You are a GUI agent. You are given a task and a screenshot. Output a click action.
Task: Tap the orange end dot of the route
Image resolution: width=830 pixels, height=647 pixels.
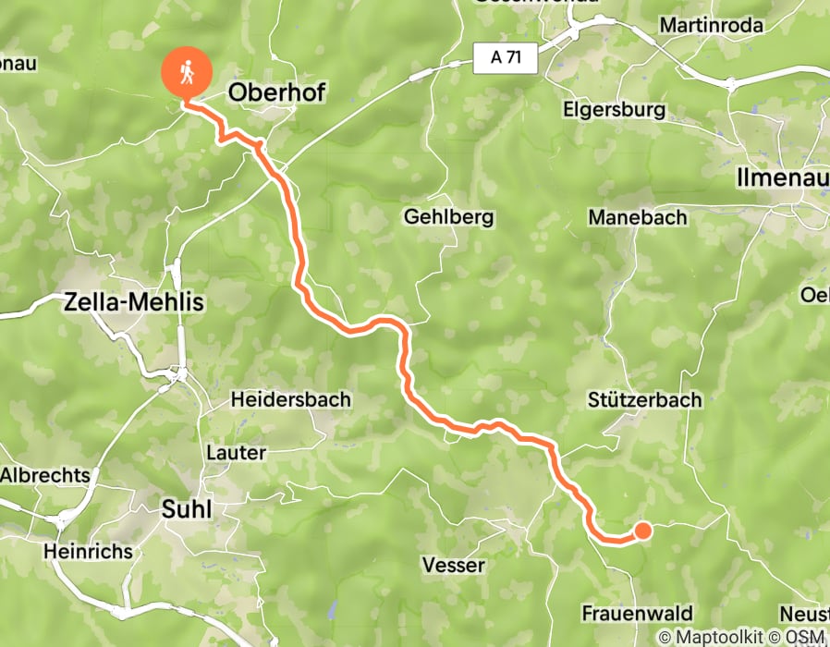pyautogui.click(x=641, y=531)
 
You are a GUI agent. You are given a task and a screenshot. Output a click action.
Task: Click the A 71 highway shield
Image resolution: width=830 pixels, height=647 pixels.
pyautogui.click(x=505, y=58)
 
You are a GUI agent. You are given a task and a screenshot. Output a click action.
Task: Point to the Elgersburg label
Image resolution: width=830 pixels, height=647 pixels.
pyautogui.click(x=614, y=110)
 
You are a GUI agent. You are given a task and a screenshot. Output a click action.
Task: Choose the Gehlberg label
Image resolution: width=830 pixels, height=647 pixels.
pyautogui.click(x=449, y=218)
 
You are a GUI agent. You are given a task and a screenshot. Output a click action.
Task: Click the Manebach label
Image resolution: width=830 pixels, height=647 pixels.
pyautogui.click(x=639, y=218)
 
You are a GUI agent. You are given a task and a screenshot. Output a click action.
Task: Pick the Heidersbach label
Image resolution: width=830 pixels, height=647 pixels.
pyautogui.click(x=290, y=400)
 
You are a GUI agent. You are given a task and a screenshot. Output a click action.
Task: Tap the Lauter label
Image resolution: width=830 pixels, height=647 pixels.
pyautogui.click(x=237, y=453)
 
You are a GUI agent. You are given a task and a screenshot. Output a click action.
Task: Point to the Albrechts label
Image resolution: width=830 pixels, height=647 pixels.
pyautogui.click(x=45, y=475)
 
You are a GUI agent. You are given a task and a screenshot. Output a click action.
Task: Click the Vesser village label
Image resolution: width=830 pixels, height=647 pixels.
pyautogui.click(x=453, y=565)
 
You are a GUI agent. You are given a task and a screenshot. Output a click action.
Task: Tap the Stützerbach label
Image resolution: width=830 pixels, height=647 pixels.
pyautogui.click(x=644, y=400)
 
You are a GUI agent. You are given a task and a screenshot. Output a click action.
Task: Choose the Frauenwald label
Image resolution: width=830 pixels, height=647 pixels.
pyautogui.click(x=637, y=614)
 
